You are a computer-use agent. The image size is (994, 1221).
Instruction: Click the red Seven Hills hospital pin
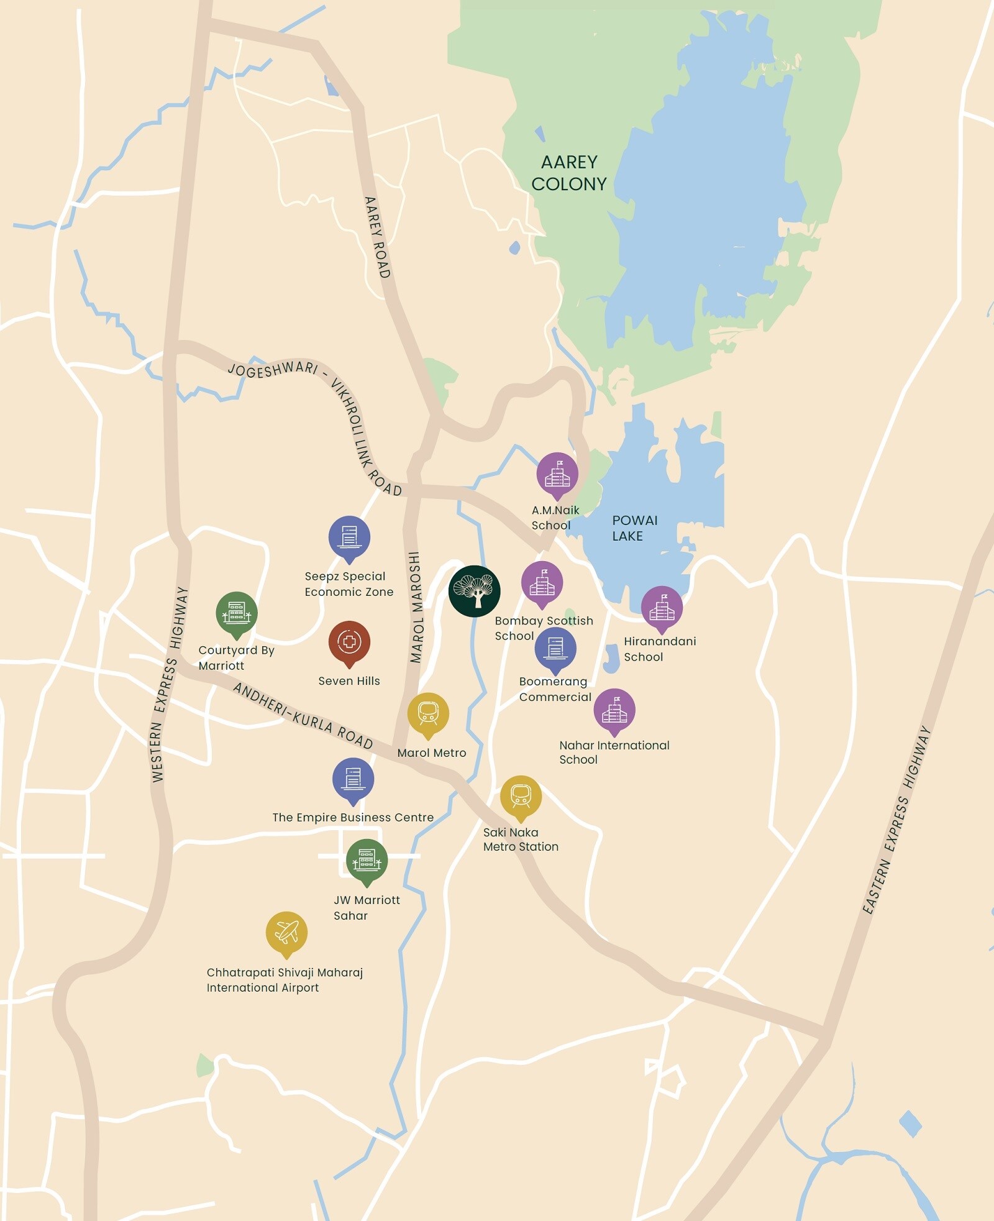pos(349,642)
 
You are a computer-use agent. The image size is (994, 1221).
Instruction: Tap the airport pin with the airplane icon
pos(286,932)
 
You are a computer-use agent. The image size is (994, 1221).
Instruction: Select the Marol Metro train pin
pos(428,713)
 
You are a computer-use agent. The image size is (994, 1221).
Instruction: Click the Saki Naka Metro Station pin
pos(521,796)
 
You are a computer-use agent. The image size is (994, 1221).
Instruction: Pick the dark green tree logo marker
pos(475,591)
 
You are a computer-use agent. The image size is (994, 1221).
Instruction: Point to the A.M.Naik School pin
pos(557,473)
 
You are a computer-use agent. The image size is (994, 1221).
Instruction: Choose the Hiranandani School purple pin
pos(662,607)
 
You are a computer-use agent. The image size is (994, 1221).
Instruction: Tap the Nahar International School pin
pos(614,710)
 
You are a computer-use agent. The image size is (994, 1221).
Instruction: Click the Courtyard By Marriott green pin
pos(237,613)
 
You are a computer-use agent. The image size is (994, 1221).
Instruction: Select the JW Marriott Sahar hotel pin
pos(367,860)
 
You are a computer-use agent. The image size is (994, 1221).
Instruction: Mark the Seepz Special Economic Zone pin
pos(349,537)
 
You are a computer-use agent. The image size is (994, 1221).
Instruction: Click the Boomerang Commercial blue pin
pos(555,648)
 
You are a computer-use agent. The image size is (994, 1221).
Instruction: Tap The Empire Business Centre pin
pos(353,779)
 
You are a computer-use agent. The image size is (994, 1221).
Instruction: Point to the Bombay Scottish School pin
pos(542,582)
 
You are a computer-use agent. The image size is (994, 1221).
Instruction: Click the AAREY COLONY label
pos(568,173)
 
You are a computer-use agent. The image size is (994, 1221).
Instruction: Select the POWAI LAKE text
pos(634,528)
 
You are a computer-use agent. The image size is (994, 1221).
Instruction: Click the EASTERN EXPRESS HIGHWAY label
pos(896,820)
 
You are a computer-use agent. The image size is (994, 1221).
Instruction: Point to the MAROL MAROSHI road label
pos(416,607)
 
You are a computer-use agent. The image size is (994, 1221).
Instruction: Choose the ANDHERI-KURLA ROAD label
pos(303,716)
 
